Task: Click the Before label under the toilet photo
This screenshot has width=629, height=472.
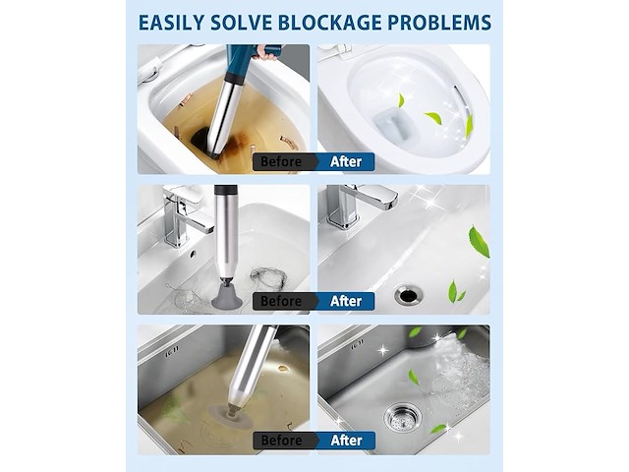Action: (281, 161)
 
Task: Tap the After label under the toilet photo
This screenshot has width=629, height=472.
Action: (346, 161)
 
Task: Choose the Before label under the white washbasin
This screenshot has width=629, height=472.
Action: (281, 301)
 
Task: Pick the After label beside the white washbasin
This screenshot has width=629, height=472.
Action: (346, 301)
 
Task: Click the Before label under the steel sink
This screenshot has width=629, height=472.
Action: (281, 441)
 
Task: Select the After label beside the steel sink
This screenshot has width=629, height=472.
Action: (346, 441)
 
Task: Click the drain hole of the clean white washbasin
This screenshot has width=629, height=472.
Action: (409, 296)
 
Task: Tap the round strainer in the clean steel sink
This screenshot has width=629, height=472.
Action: (403, 419)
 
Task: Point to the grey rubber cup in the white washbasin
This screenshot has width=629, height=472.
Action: (227, 296)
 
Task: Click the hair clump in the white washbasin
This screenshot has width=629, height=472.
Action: (269, 278)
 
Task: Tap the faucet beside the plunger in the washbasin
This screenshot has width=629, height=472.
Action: (185, 214)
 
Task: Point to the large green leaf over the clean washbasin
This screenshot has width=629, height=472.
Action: (479, 241)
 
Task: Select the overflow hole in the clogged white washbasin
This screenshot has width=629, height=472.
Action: (193, 254)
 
